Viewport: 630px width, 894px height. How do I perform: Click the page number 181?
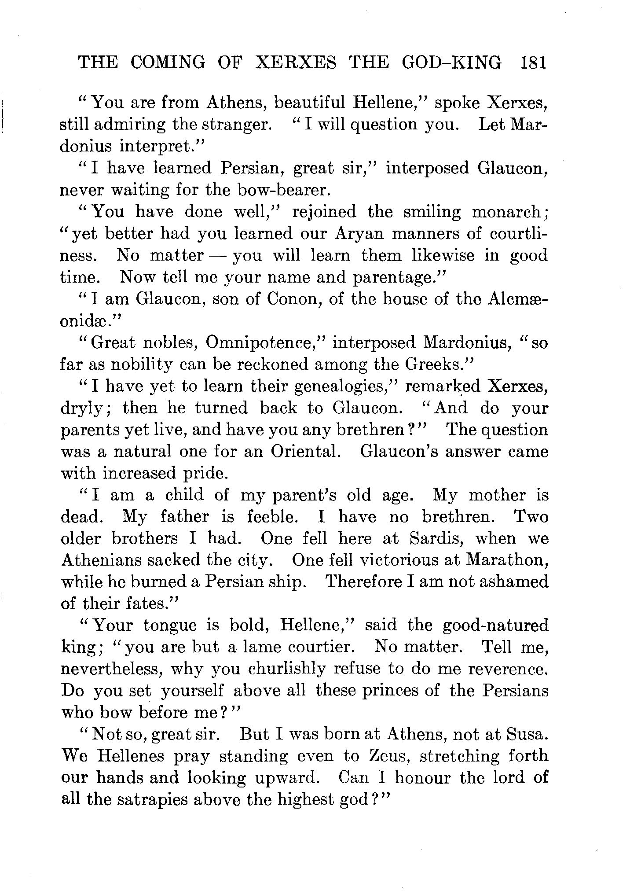(x=532, y=63)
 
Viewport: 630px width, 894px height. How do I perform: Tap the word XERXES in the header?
(x=296, y=63)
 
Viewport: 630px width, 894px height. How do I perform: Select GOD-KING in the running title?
(x=451, y=63)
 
